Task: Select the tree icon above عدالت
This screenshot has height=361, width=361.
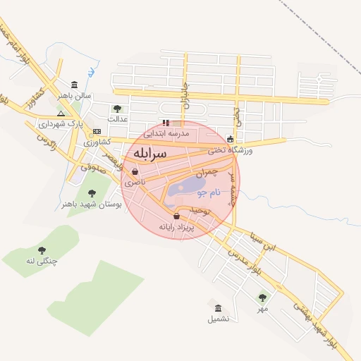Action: [x=117, y=109]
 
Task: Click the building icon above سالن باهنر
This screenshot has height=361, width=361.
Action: [x=74, y=85]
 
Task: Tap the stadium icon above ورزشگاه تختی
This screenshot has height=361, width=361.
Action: [x=231, y=139]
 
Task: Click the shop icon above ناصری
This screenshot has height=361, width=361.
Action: [x=134, y=171]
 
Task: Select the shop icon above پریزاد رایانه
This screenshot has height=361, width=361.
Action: [x=176, y=216]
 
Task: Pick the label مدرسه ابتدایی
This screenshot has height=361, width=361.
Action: [x=166, y=133]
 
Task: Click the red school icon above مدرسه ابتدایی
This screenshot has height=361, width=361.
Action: [x=166, y=123]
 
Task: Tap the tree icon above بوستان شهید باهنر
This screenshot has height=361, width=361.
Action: [x=91, y=193]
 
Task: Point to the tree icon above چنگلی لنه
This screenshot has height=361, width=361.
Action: [x=42, y=250]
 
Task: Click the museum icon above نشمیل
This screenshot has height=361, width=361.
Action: [x=218, y=308]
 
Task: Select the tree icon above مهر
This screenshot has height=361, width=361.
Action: [x=262, y=298]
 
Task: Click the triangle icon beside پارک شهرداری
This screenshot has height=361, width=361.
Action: [x=61, y=114]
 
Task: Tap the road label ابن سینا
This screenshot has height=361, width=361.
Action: [x=269, y=243]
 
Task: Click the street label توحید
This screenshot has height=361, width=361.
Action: [x=200, y=211]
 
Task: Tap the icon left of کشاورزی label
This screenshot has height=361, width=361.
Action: [x=97, y=131]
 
